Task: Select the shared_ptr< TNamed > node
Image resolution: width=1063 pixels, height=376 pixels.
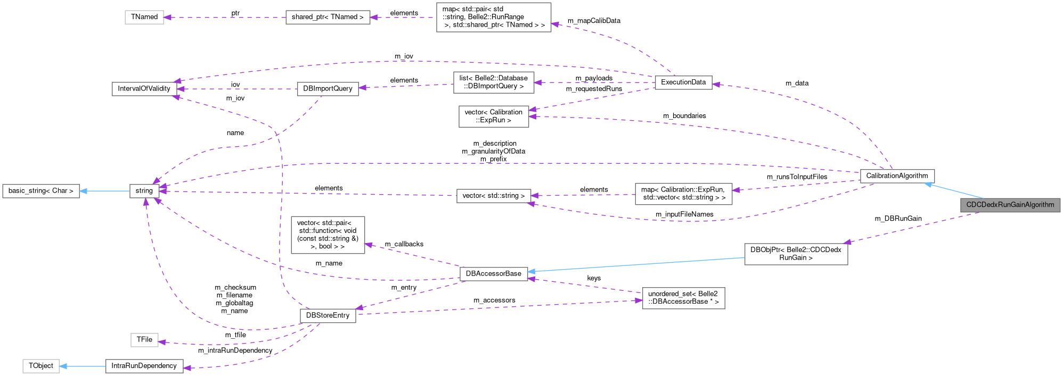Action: pos(328,17)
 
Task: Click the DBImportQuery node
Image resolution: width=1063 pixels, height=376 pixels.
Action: pos(328,88)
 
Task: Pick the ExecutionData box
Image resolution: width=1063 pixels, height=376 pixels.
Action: pos(683,82)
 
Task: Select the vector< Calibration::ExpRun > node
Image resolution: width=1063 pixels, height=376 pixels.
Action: pos(493,116)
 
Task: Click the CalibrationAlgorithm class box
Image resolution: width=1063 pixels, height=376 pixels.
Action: pos(897,176)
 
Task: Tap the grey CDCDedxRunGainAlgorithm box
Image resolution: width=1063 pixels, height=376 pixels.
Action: pos(1010,205)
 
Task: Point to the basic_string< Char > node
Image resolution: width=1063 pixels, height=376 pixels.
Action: pos(41,190)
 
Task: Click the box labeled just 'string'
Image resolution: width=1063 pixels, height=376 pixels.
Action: pos(144,190)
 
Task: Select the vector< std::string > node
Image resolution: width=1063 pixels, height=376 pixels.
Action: pos(493,195)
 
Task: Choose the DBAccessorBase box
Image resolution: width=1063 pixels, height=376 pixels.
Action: pos(493,273)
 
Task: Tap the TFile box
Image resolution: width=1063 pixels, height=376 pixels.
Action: pos(144,339)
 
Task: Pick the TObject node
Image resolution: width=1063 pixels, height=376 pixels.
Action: pos(41,366)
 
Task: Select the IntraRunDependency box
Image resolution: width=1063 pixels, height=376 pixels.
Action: pos(144,366)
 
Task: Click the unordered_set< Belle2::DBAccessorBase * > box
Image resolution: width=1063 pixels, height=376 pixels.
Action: pos(683,297)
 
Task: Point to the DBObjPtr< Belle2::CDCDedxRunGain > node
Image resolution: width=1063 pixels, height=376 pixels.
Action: pos(796,253)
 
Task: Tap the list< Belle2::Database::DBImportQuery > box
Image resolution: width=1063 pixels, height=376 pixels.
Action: pos(493,82)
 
